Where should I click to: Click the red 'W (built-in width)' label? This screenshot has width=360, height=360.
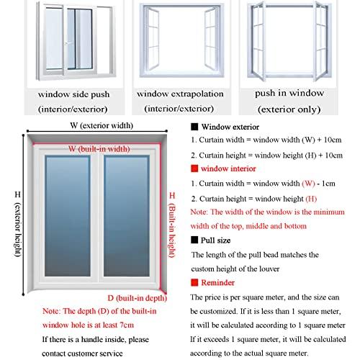click(99, 148)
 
